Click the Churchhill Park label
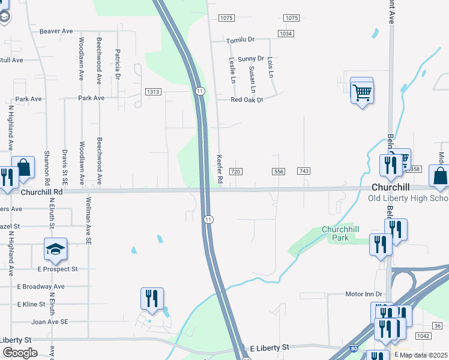pos(344,233)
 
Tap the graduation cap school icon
pos(55,250)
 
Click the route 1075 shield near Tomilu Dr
pos(226,19)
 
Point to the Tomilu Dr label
pos(240,40)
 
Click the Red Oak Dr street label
pos(247,100)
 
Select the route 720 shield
pos(236,172)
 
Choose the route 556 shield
pos(279,172)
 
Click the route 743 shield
pos(304,172)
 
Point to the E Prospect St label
pos(58,269)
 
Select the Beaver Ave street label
pos(56,31)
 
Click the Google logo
pos(20,353)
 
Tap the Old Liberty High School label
pos(408,199)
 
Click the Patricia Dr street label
pos(118,64)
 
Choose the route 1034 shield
pos(286,34)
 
